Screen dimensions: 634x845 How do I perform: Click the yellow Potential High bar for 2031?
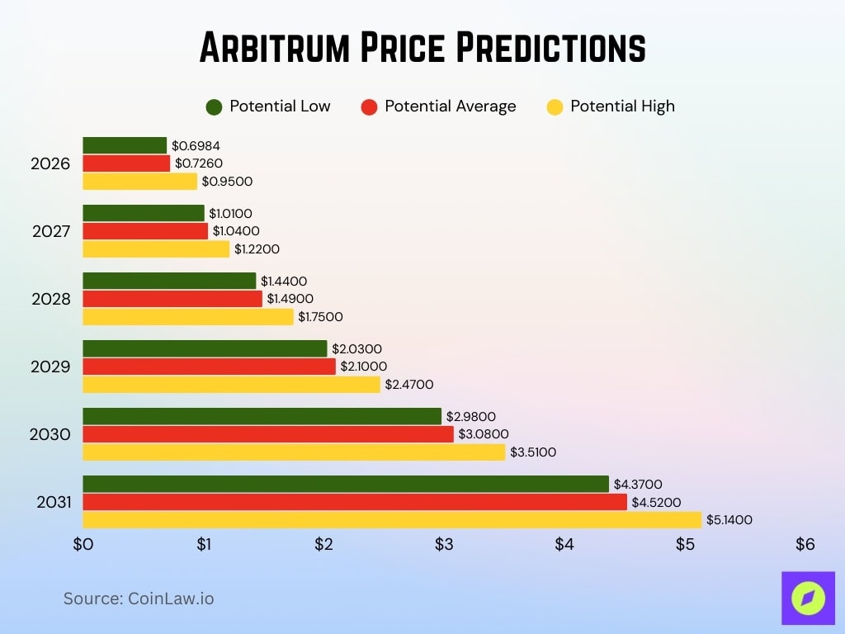(x=392, y=520)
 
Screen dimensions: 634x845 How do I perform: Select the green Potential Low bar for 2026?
(x=125, y=146)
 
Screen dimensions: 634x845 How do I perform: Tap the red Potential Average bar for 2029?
(x=210, y=367)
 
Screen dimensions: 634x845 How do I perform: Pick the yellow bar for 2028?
(x=188, y=317)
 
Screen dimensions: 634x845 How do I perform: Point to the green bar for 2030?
(x=262, y=416)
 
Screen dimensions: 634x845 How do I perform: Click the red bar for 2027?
(x=145, y=231)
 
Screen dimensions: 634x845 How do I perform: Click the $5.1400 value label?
(x=729, y=520)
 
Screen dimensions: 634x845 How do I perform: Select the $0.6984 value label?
(x=196, y=146)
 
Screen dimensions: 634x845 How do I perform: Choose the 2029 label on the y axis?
(x=51, y=367)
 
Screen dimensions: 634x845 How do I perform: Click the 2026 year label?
(x=51, y=163)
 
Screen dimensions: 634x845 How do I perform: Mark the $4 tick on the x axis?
(x=564, y=545)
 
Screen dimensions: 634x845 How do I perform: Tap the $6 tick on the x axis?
(x=805, y=545)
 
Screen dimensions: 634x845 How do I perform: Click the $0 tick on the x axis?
(x=83, y=545)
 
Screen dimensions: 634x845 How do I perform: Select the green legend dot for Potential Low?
(x=215, y=106)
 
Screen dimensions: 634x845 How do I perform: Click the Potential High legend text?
(x=622, y=106)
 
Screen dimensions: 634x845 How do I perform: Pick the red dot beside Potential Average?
(x=369, y=106)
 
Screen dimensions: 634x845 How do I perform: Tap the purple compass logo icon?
(x=808, y=598)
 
